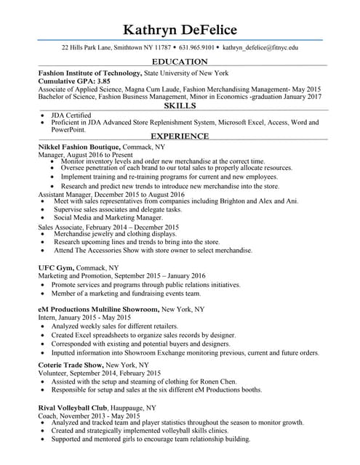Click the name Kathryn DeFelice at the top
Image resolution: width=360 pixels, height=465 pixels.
[180, 29]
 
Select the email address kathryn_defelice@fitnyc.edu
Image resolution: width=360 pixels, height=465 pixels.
[260, 47]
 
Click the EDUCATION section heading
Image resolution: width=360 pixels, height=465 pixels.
[180, 62]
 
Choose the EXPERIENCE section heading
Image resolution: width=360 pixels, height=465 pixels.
[180, 137]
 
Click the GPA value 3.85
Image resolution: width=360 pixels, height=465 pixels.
[89, 81]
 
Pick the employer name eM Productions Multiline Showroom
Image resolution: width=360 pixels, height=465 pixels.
[98, 309]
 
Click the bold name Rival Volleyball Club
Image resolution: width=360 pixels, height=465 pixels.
[73, 408]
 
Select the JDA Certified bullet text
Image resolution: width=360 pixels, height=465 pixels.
[71, 115]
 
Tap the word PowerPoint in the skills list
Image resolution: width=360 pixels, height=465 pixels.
[68, 130]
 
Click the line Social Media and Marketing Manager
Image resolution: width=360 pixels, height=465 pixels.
[108, 217]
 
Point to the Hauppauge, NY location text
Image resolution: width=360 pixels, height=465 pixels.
[138, 408]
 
